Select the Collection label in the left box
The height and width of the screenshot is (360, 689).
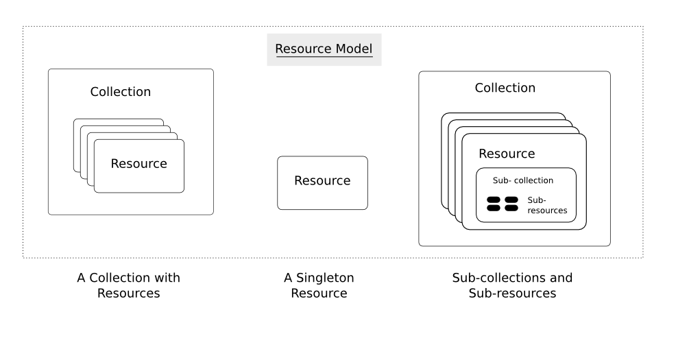[x=121, y=92]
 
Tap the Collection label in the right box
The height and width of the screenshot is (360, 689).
[x=505, y=88]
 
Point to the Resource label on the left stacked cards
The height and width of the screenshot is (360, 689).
[x=139, y=163]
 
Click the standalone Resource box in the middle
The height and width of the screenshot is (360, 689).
[x=322, y=183]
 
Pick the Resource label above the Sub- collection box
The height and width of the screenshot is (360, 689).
[x=507, y=154]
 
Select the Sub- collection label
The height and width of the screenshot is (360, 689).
[x=523, y=180]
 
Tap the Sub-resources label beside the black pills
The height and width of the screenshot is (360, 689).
[x=547, y=205]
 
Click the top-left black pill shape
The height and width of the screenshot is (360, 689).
[x=494, y=200]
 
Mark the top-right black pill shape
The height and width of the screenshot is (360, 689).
[x=511, y=200]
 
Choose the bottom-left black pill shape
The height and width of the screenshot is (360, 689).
[x=494, y=208]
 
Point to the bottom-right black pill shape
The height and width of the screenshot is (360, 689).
[x=511, y=208]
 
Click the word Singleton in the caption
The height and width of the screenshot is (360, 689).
[x=325, y=278]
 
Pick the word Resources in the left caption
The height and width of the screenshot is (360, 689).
[x=129, y=293]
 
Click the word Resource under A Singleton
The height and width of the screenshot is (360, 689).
[x=319, y=293]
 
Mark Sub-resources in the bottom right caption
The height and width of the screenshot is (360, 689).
[x=512, y=293]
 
